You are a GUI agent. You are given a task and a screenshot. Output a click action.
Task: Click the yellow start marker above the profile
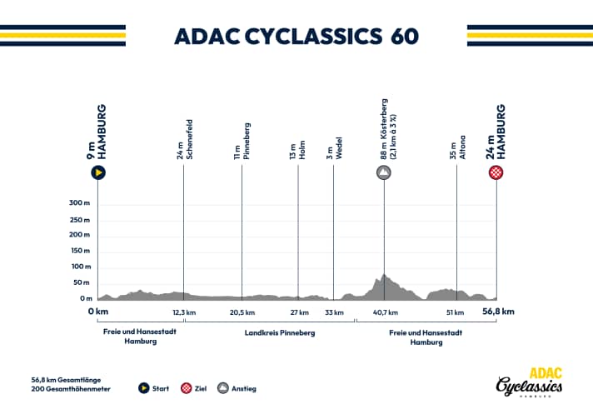tap(98, 173)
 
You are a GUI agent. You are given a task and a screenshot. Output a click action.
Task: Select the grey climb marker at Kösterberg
tap(384, 173)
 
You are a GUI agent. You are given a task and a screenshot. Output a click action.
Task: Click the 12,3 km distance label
tap(184, 312)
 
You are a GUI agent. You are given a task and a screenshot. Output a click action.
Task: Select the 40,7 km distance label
tap(384, 312)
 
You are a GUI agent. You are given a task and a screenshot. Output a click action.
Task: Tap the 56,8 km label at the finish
tap(497, 312)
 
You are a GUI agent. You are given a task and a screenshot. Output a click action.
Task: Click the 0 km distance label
tap(98, 312)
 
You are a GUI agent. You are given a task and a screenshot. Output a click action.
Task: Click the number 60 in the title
tap(404, 37)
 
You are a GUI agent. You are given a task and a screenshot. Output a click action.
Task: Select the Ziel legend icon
tap(188, 388)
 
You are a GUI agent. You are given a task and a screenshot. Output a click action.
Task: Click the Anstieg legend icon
tap(223, 388)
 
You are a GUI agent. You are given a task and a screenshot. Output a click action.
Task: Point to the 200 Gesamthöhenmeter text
tap(70, 388)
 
